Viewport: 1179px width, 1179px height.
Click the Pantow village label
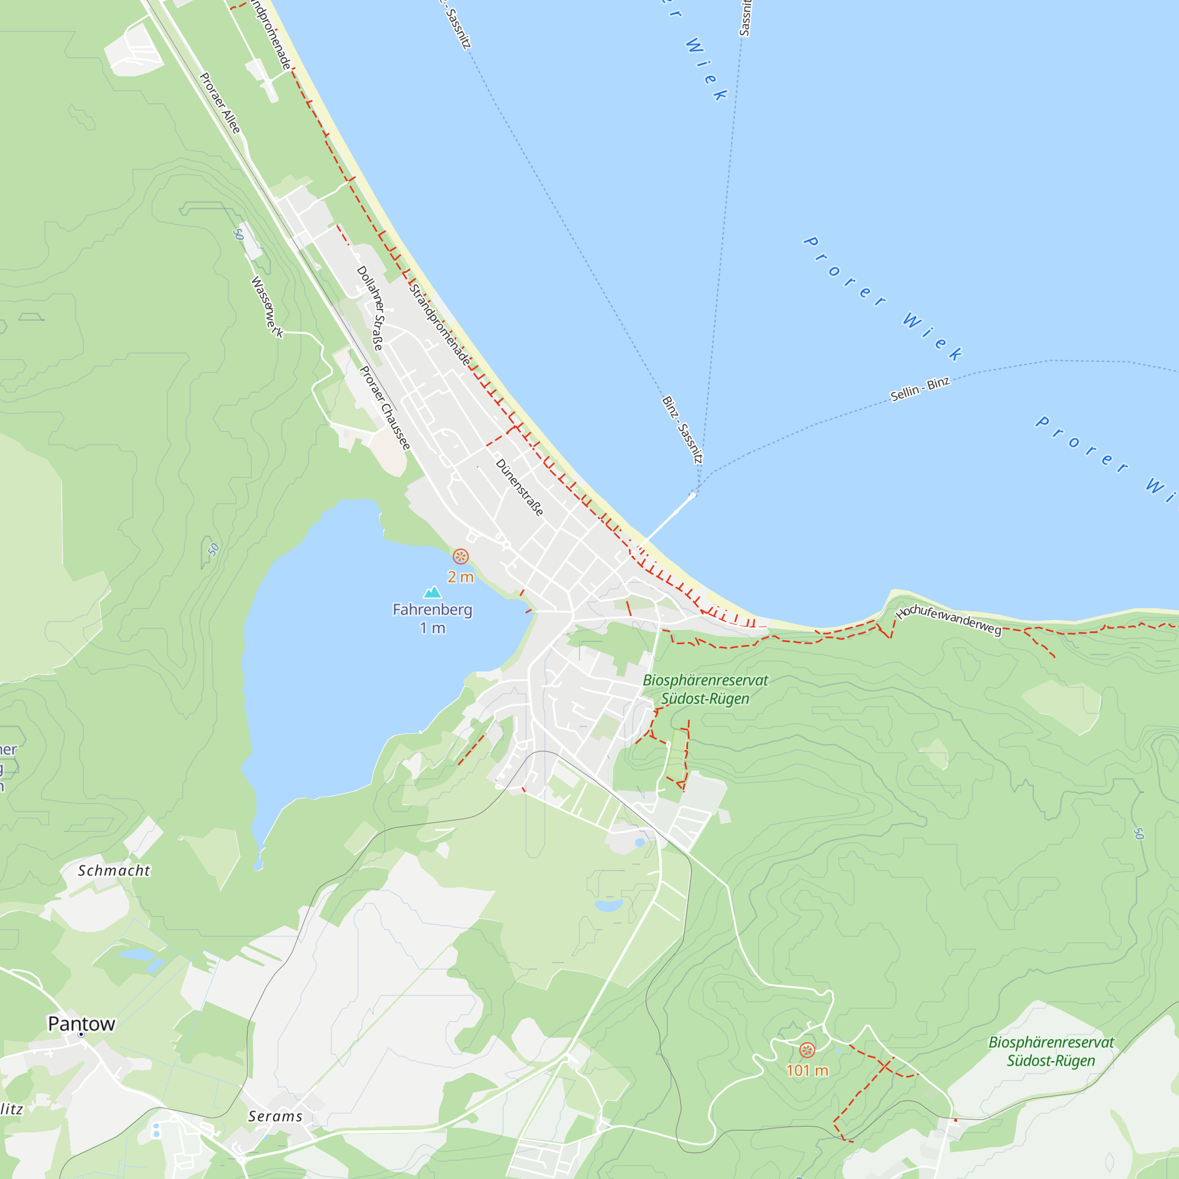81,1024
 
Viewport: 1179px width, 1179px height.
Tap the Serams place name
275,1117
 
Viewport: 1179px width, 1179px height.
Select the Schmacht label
114,871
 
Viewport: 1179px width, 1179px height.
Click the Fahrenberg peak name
432,610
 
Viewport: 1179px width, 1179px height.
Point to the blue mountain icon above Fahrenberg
432,592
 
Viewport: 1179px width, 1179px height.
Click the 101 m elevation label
807,1071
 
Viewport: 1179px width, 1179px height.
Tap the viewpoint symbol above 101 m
807,1050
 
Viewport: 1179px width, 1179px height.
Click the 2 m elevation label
460,577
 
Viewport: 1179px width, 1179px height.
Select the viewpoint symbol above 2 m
460,556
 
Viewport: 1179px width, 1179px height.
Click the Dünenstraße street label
519,488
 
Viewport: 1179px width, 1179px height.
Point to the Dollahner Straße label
371,308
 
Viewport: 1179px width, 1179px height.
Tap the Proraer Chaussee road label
385,409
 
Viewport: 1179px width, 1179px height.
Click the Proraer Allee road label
220,103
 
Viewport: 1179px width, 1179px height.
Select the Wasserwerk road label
267,307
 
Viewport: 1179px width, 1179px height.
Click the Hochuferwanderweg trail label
949,620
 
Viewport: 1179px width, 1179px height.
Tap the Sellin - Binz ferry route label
920,389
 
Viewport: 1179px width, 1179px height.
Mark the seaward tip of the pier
693,495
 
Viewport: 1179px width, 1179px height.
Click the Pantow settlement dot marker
81,1035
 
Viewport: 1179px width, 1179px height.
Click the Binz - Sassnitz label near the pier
682,430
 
